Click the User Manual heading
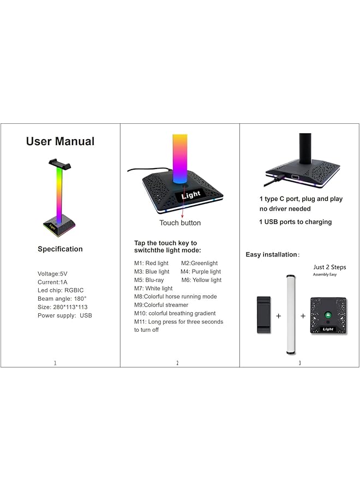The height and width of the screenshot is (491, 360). click(60, 142)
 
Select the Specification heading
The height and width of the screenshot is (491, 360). click(60, 249)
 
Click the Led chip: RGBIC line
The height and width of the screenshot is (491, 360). click(61, 290)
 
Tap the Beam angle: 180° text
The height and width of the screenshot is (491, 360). click(62, 299)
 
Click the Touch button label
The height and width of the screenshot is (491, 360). click(180, 223)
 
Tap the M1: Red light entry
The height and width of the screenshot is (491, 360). click(152, 264)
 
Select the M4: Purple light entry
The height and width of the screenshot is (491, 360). click(201, 272)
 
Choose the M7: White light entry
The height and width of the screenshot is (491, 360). click(153, 288)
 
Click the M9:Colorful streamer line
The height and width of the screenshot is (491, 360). click(161, 305)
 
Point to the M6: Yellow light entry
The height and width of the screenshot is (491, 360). click(201, 280)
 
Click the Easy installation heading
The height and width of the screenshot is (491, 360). click(272, 255)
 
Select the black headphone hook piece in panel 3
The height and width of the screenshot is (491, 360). click(263, 315)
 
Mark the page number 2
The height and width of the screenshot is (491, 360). click(177, 363)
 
